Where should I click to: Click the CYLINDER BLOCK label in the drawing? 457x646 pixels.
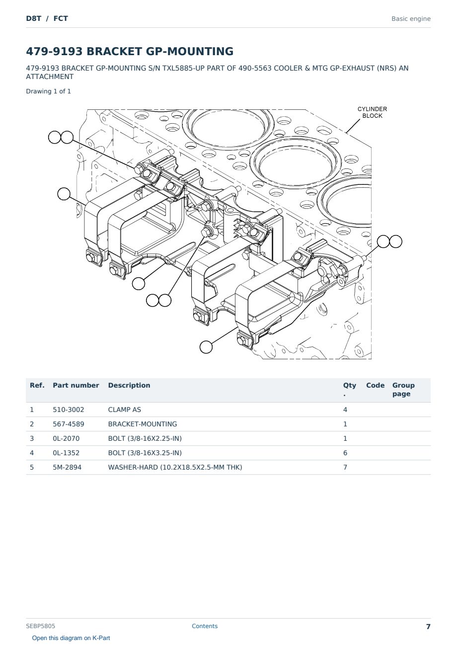point(372,112)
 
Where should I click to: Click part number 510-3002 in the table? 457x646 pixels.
point(69,409)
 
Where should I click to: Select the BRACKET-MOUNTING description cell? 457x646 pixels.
point(143,424)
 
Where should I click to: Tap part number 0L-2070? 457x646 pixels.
point(66,438)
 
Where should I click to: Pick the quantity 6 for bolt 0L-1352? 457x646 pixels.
point(345,453)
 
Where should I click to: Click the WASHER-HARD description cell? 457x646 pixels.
point(175,467)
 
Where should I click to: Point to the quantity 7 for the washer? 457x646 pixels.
point(345,467)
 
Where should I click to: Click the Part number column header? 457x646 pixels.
point(76,385)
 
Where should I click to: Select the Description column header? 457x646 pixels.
point(129,385)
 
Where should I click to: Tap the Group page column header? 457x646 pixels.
point(403,390)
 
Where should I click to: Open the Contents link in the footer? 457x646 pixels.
point(205,626)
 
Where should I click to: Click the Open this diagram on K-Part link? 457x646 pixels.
point(71,638)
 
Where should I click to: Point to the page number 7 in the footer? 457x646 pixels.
point(428,627)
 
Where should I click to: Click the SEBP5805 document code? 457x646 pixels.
point(40,626)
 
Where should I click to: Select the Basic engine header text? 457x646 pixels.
point(411,19)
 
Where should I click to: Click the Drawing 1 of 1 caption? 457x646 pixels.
point(49,91)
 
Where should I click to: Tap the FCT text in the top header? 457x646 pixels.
point(61,18)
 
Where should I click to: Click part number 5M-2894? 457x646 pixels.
point(67,467)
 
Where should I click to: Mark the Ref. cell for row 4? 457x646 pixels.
point(32,453)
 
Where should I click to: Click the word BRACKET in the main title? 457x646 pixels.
point(114,51)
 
